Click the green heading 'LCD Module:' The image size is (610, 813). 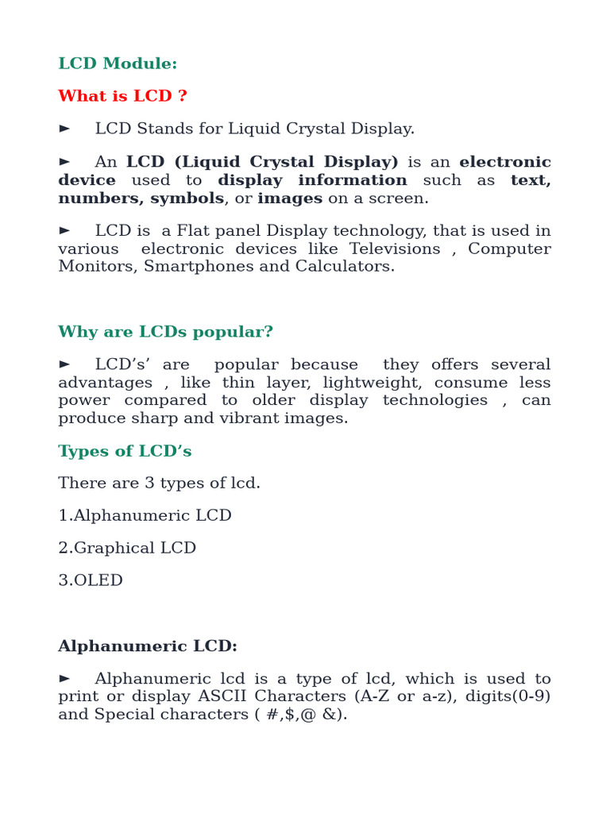pos(118,64)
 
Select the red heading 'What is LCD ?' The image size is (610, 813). pos(122,96)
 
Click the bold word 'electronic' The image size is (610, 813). pos(504,162)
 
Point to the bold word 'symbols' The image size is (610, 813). pos(187,198)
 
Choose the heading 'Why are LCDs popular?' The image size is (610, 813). pos(165,331)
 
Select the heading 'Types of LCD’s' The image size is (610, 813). pos(125,451)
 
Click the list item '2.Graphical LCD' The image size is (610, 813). pos(127,548)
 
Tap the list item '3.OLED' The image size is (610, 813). pos(91,580)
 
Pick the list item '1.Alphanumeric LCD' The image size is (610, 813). pos(145,515)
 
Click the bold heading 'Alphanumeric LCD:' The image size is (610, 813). pos(148,646)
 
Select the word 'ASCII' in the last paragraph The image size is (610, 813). pos(238,696)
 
